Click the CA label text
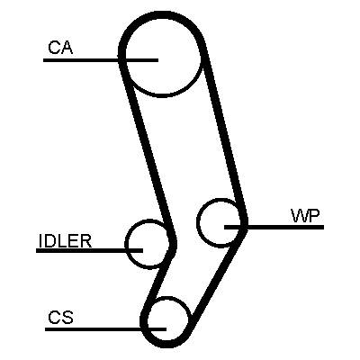60,48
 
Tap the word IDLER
65,240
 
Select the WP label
305,215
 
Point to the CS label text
60,317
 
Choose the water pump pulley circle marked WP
201,237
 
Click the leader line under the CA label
101,60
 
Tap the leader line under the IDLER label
89,250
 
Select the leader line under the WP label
274,227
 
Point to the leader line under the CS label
105,329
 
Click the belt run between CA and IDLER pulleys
147,150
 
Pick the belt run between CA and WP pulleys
225,135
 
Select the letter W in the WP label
300,215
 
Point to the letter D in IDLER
51,240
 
